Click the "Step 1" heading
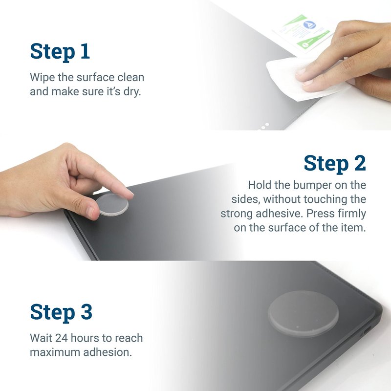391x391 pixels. (60, 52)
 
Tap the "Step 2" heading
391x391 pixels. (335, 163)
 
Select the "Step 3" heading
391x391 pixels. (61, 312)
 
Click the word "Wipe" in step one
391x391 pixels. (42, 77)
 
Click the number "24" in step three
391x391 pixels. (62, 338)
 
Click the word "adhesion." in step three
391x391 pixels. (108, 352)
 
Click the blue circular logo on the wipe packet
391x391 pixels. (309, 25)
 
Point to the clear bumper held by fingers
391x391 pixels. (112, 204)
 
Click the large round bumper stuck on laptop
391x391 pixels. (304, 313)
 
